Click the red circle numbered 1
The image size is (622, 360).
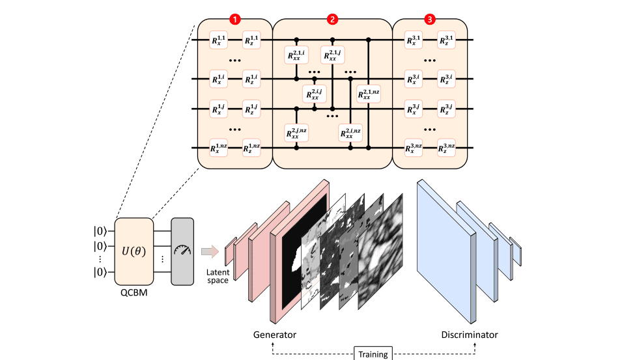(234, 19)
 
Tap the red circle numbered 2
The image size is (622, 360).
(332, 19)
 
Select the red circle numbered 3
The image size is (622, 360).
(429, 19)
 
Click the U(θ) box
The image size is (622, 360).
(134, 251)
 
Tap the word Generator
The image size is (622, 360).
(275, 335)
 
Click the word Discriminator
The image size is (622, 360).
(469, 335)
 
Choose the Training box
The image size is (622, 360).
(373, 353)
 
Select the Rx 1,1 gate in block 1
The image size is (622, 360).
(218, 40)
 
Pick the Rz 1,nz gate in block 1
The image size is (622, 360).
(251, 148)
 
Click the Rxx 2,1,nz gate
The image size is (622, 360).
(368, 96)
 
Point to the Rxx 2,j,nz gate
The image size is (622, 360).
(296, 134)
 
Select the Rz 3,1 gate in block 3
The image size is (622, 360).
(446, 40)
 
